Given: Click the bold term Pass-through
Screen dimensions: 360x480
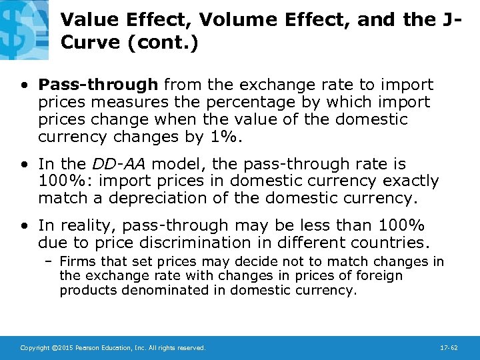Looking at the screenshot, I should [99, 85].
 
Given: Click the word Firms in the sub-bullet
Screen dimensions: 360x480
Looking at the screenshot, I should [76, 262].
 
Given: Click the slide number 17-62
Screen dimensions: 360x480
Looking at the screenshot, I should [449, 348].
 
